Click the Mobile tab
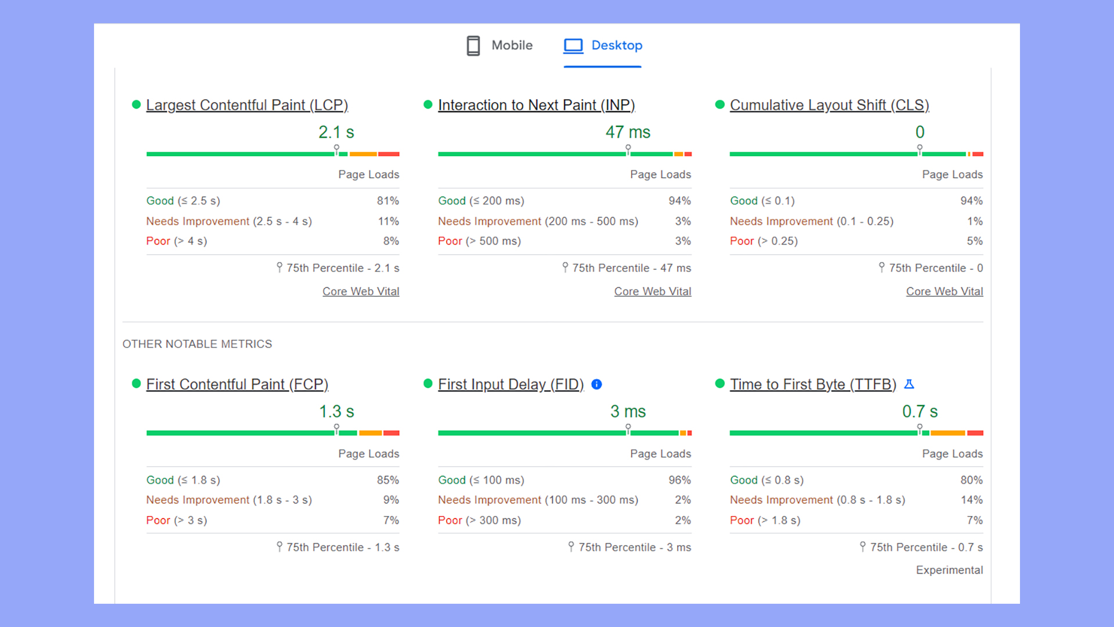(x=500, y=45)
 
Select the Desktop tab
(x=603, y=45)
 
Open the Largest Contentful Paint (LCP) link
(x=247, y=105)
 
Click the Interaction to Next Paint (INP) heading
(x=536, y=105)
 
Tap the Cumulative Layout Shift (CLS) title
(x=829, y=105)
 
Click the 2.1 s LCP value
(x=336, y=132)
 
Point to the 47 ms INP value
(x=628, y=132)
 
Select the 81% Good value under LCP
(x=388, y=201)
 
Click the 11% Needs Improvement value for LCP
(x=388, y=221)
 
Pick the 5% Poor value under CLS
(x=974, y=241)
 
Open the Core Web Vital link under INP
(x=652, y=291)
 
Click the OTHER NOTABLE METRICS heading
(x=197, y=344)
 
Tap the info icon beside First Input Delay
(x=596, y=384)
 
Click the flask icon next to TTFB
(x=909, y=384)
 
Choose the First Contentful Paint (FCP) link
(x=237, y=384)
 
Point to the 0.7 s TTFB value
(x=920, y=412)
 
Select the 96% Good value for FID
(x=679, y=480)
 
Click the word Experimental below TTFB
(x=949, y=570)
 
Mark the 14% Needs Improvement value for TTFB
(x=971, y=500)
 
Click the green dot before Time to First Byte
(x=720, y=383)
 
